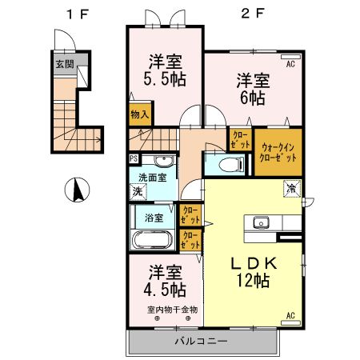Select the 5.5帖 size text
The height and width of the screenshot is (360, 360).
(x=166, y=80)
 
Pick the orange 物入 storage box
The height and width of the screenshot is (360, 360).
(x=140, y=114)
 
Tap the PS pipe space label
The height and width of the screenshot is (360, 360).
(x=133, y=158)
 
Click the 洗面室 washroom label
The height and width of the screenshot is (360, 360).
(x=152, y=178)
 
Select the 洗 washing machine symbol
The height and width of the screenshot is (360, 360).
(x=138, y=192)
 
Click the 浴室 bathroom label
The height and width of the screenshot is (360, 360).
(x=154, y=217)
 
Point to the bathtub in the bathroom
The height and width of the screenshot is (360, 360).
(x=150, y=240)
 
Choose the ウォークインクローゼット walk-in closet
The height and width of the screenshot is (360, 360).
(x=278, y=152)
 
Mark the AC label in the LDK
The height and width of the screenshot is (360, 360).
(x=291, y=315)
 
